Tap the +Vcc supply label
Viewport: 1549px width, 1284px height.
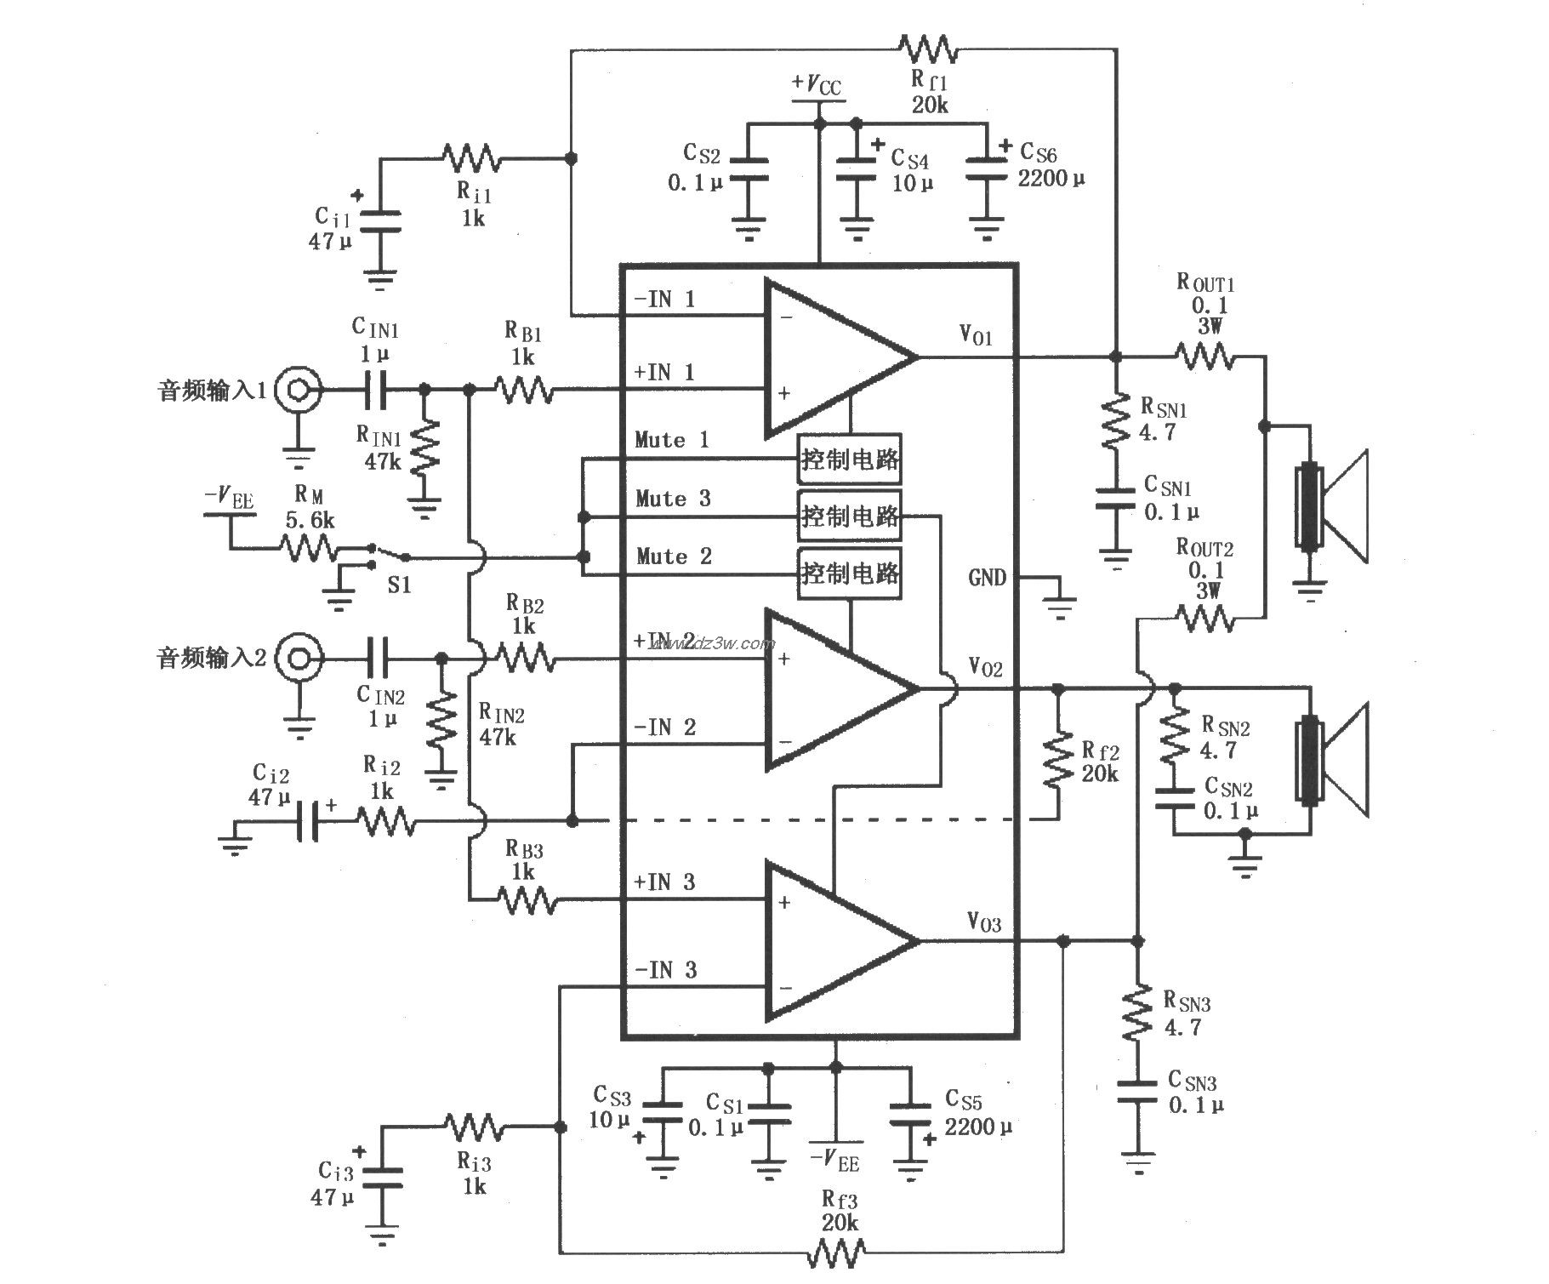pos(817,84)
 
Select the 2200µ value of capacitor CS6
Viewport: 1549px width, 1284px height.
pos(1051,180)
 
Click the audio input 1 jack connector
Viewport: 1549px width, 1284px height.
pos(299,390)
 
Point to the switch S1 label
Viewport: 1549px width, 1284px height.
pos(399,585)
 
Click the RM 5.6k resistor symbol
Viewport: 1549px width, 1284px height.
pos(308,548)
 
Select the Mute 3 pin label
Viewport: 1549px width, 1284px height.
pos(672,499)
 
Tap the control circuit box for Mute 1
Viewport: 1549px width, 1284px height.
pos(849,459)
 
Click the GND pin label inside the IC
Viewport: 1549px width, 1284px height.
pos(987,579)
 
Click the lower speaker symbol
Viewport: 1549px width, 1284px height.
pos(1332,760)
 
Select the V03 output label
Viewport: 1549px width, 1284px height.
pos(983,922)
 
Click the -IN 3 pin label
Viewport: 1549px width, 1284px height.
pos(665,970)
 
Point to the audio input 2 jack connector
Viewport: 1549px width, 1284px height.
pos(299,658)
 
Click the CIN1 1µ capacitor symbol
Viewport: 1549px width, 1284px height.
pos(375,390)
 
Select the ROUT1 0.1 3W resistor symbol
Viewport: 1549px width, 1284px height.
pos(1204,356)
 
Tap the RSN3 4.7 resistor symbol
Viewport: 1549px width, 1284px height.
pos(1137,1013)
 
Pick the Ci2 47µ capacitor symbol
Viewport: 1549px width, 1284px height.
pos(308,821)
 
